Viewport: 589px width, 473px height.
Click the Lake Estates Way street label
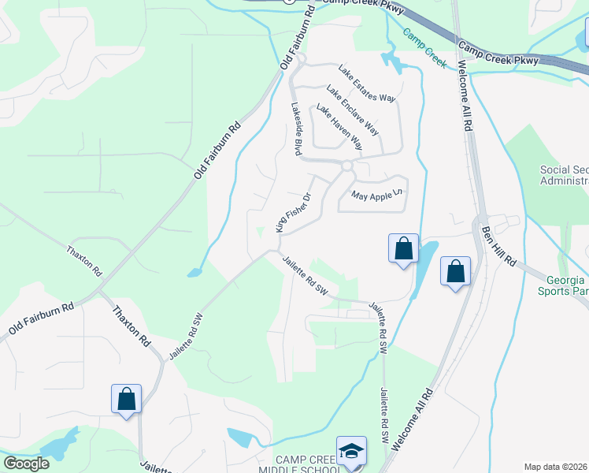367,84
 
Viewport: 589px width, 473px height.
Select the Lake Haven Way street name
339,127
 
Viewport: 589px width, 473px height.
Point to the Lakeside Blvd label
297,129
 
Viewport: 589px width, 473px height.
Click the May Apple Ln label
377,194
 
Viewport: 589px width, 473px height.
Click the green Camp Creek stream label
424,47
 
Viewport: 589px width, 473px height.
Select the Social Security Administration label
564,175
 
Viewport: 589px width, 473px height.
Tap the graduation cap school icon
351,450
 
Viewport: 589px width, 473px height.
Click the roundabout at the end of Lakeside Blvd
346,166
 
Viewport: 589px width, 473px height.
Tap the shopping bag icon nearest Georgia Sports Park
455,272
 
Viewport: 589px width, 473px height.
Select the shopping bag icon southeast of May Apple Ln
403,248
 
